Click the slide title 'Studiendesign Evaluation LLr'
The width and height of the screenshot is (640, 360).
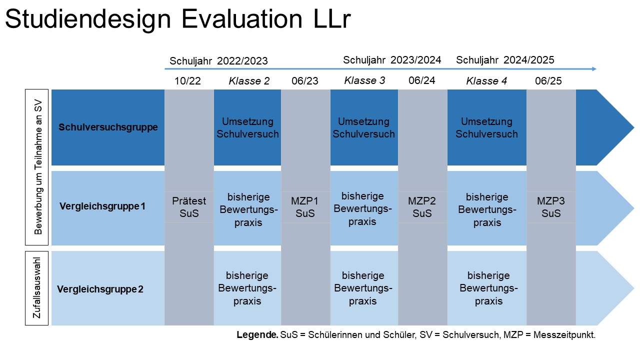tap(177, 20)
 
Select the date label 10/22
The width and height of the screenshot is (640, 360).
tap(187, 81)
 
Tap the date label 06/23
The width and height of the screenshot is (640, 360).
tap(305, 81)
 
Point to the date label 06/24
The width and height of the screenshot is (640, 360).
tap(422, 80)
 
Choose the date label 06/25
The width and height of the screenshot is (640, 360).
tap(548, 81)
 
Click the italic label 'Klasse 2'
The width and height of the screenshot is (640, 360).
tap(249, 81)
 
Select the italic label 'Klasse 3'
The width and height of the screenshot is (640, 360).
tap(364, 80)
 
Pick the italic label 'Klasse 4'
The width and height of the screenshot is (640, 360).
tap(486, 81)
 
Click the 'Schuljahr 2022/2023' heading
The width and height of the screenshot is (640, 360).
tap(218, 61)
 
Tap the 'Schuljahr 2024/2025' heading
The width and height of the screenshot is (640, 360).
tap(505, 60)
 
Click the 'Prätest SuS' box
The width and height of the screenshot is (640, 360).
tap(189, 207)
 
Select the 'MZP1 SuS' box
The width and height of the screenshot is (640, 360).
tap(305, 207)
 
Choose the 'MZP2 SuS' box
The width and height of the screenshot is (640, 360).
tap(422, 207)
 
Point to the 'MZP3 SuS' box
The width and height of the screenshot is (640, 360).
tap(551, 207)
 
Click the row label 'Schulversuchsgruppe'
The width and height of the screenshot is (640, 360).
tap(108, 127)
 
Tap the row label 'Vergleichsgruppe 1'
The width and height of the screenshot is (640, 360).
tap(102, 205)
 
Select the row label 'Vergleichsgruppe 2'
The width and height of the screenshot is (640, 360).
tap(100, 289)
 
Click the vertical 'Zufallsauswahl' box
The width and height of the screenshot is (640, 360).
tap(36, 288)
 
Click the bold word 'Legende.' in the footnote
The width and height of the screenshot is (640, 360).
tap(257, 335)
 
